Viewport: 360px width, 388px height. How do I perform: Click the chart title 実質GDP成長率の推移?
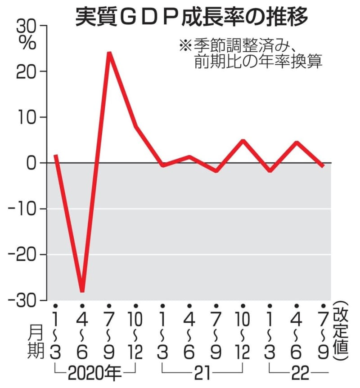pos(192,18)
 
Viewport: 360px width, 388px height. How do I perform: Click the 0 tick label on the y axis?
pos(34,163)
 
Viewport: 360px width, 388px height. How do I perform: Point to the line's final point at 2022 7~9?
pos(323,166)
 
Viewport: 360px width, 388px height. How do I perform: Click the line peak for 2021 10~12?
pos(243,141)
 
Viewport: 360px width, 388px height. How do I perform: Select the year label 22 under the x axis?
pos(297,372)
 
